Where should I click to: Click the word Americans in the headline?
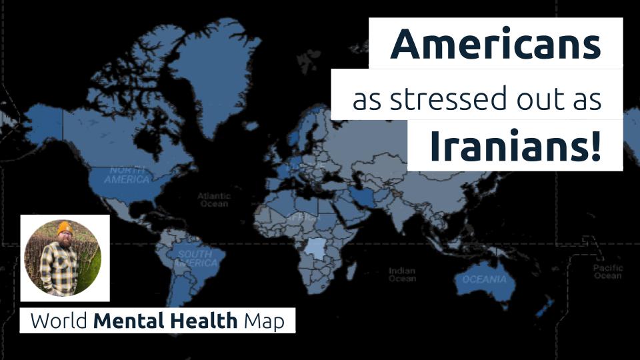495,44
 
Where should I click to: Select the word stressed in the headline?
446,99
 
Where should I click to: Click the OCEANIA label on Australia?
484,280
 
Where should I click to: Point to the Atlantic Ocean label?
213,200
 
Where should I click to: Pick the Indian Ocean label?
402,275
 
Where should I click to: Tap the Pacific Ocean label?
608,271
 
